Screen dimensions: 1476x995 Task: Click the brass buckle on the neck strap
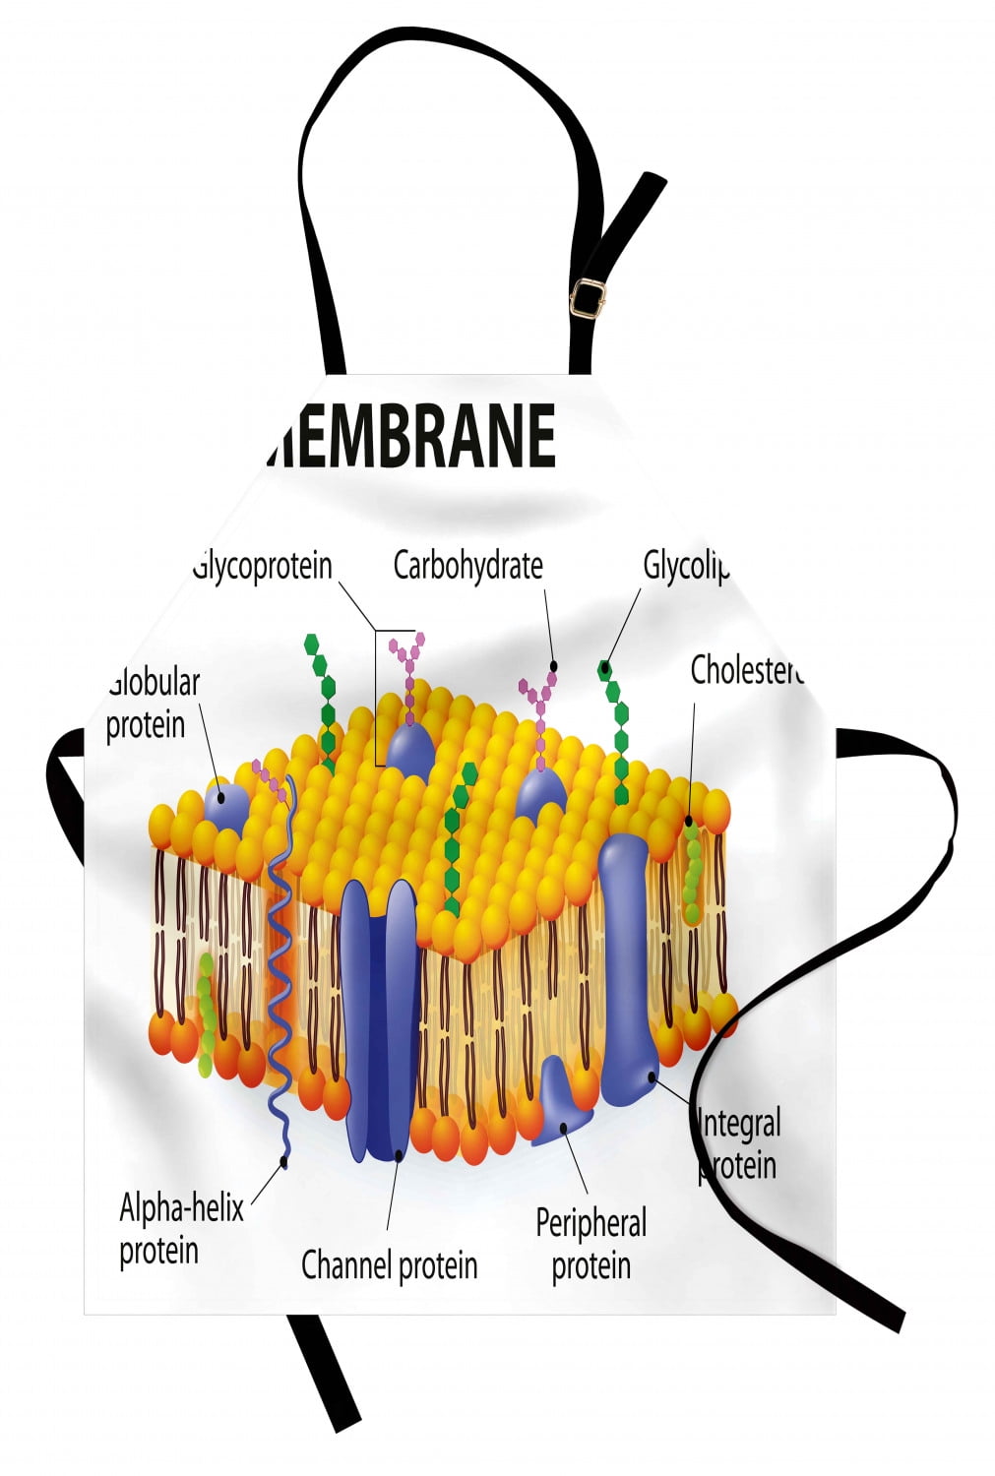[x=589, y=296]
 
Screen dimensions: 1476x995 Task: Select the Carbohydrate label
[x=467, y=566]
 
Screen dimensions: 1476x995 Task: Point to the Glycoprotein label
[x=264, y=566]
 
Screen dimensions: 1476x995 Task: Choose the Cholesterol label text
[x=746, y=670]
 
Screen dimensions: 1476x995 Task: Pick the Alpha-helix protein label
[x=180, y=1228]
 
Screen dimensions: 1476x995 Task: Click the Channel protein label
[x=389, y=1264]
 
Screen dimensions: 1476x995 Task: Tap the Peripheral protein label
[x=591, y=1244]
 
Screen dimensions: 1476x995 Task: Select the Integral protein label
[x=739, y=1143]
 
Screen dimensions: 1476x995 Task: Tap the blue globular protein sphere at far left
[x=225, y=804]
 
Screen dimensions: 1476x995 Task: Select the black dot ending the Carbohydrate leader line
[x=553, y=666]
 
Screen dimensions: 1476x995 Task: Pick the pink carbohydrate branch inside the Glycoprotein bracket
[x=407, y=669]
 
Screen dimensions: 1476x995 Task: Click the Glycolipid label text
[x=686, y=567]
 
